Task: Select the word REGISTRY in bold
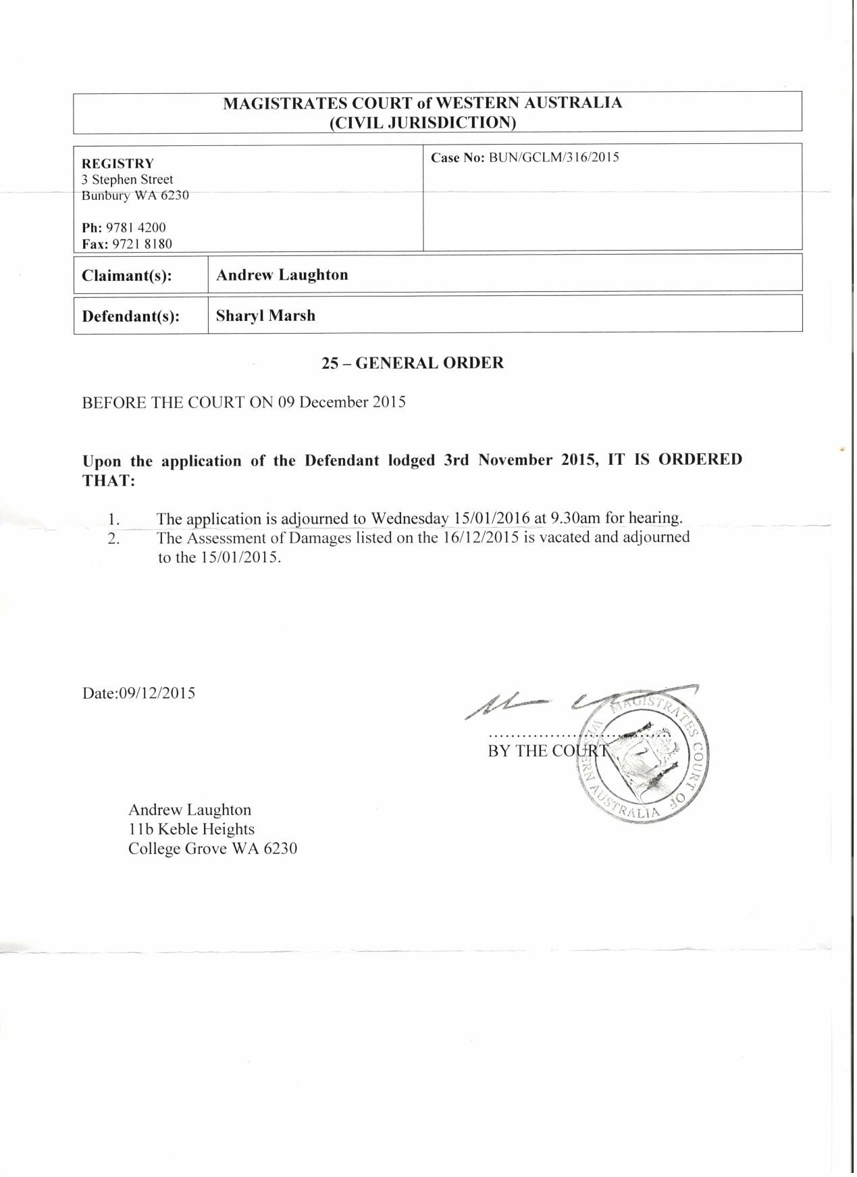[x=118, y=164]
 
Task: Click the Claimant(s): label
[x=127, y=276]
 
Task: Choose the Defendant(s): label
[x=130, y=317]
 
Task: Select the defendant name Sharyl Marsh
[x=265, y=316]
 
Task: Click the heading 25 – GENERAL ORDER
[x=413, y=364]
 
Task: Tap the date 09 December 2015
[x=342, y=403]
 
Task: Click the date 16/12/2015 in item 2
[x=482, y=539]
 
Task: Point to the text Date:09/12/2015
[x=139, y=694]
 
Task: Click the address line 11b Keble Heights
[x=191, y=830]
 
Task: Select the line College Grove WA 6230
[x=213, y=849]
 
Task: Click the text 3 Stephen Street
[x=128, y=180]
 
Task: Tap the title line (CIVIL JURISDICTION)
[x=423, y=122]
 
